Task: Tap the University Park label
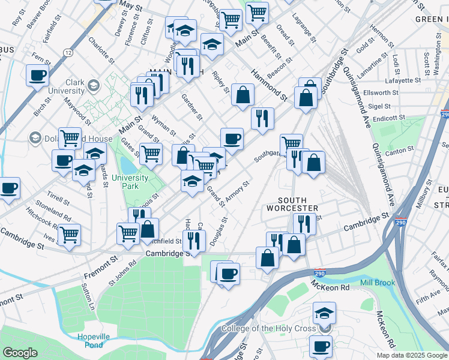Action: (130, 182)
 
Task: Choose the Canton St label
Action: (401, 150)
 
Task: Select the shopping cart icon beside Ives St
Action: (69, 234)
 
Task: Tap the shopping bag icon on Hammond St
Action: (243, 94)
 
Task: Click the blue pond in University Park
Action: (127, 164)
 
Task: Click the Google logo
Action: (20, 353)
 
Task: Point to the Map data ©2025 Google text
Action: (411, 355)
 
